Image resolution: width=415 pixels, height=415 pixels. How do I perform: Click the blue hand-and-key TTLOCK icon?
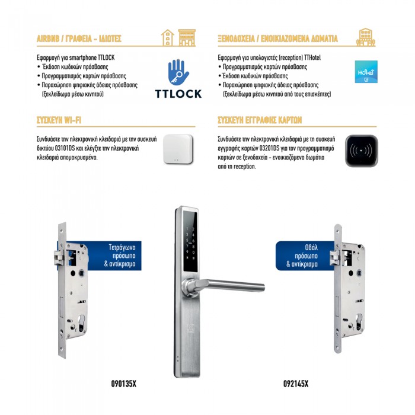(178, 72)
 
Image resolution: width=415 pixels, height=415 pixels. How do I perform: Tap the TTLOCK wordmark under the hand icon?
(178, 94)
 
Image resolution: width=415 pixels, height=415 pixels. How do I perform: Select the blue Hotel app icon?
(366, 72)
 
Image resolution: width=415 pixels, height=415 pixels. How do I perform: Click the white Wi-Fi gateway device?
(178, 149)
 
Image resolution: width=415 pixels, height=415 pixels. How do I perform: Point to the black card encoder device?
(361, 151)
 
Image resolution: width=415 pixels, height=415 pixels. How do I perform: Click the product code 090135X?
(123, 384)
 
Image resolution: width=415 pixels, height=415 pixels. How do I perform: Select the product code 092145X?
(296, 384)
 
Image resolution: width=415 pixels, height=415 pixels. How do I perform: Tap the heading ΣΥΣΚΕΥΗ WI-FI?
(59, 120)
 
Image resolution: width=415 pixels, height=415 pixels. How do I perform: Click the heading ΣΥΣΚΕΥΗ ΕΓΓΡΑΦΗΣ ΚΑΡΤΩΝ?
(260, 120)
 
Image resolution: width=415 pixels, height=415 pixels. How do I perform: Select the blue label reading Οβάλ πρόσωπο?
(304, 256)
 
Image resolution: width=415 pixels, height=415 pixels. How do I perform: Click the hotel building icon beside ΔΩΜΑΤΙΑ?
(366, 37)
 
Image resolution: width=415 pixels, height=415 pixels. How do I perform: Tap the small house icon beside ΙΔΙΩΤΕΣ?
(168, 37)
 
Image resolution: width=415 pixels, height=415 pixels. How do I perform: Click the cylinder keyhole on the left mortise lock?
(82, 323)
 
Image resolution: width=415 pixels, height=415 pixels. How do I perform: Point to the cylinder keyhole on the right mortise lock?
(359, 321)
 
